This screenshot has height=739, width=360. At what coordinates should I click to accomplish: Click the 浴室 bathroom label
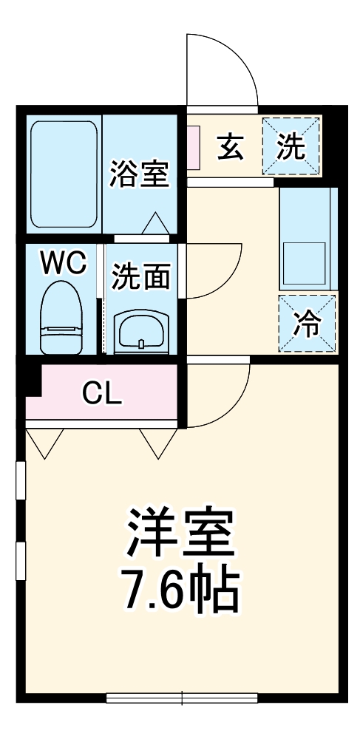pos(140,174)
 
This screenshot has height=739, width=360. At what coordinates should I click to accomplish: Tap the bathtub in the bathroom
pos(64,174)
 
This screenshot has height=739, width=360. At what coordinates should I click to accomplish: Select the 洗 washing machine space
pos(291,146)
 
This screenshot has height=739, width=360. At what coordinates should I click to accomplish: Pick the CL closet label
pos(101,394)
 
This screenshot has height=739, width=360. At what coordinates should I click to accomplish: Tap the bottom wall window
pos(182,697)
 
